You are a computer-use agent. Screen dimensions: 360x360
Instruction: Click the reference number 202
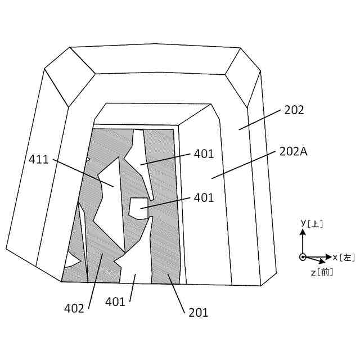click(x=294, y=110)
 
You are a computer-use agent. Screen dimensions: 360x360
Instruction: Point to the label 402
click(x=74, y=308)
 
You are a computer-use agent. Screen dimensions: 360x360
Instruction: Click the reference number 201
click(x=197, y=312)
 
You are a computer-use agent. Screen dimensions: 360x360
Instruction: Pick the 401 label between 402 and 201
click(x=115, y=301)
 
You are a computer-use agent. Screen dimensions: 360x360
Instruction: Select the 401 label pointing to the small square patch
click(x=204, y=197)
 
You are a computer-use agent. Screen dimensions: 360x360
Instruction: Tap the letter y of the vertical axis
click(x=303, y=222)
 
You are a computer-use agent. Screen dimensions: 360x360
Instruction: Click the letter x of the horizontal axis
click(x=335, y=257)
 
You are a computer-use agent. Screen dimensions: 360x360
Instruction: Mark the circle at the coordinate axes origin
click(x=303, y=257)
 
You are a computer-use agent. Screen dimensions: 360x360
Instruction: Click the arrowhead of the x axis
click(x=328, y=257)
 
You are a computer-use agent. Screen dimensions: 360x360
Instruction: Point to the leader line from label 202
click(x=260, y=120)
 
